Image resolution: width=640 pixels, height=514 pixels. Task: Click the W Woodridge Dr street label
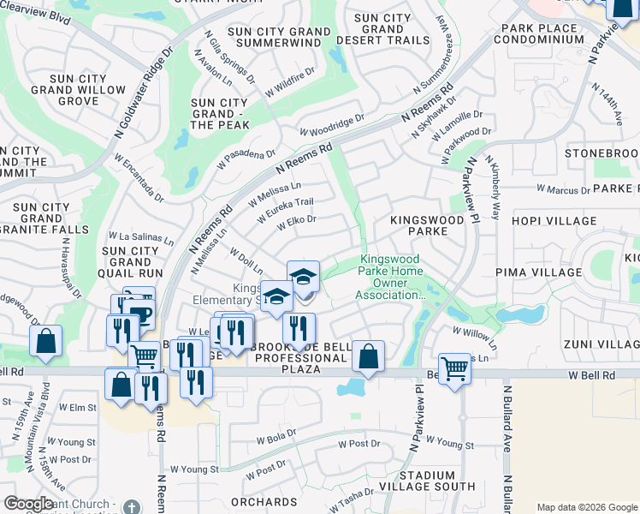[332, 125]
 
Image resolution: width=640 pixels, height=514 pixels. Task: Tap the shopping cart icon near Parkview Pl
[454, 368]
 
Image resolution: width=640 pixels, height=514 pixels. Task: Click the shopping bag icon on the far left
[45, 341]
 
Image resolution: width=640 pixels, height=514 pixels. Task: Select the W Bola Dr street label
[276, 437]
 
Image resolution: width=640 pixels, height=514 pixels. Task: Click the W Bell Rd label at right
[590, 375]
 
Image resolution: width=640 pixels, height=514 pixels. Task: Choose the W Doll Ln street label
[246, 260]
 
